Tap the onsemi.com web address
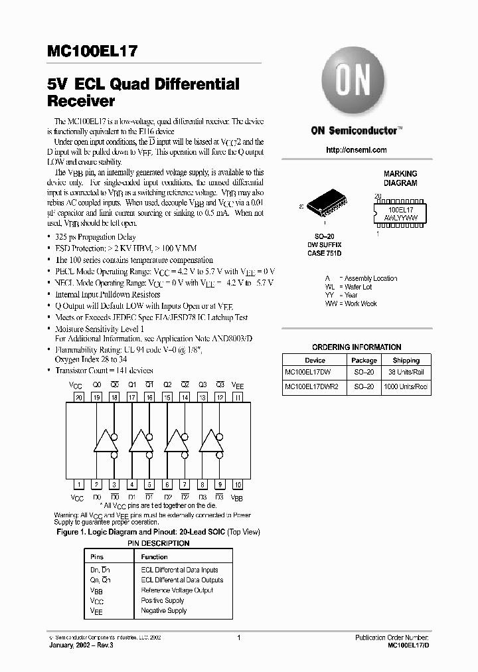(x=356, y=150)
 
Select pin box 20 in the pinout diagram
(x=79, y=397)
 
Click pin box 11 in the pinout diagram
(x=238, y=397)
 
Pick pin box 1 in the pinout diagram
(x=79, y=485)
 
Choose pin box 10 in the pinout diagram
(x=238, y=485)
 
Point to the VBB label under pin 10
(x=237, y=497)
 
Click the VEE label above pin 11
(x=237, y=385)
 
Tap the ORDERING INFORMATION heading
(x=357, y=347)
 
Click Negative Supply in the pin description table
(x=164, y=610)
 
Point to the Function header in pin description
(x=155, y=556)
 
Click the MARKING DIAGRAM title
(x=400, y=178)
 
